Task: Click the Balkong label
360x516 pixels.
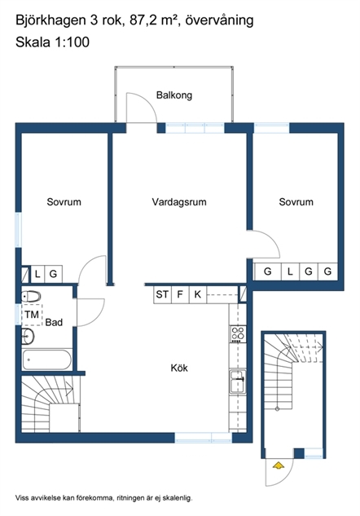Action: click(174, 95)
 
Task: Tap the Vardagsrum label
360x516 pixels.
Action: click(179, 201)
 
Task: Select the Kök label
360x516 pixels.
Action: click(179, 368)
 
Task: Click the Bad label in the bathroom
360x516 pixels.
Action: click(54, 322)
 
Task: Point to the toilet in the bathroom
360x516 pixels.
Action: click(31, 297)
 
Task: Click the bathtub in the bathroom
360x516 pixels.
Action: click(46, 359)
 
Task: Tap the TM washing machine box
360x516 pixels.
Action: click(32, 315)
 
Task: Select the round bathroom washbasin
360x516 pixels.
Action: click(28, 337)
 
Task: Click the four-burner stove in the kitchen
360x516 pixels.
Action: click(238, 333)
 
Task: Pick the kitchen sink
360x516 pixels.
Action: click(238, 381)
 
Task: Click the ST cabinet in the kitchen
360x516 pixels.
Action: click(162, 294)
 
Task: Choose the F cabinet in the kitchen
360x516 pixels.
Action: click(180, 294)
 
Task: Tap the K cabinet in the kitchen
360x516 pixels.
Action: click(198, 294)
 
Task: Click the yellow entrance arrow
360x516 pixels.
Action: click(278, 465)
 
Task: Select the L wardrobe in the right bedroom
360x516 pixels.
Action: click(290, 271)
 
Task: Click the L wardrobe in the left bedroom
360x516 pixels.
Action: click(37, 274)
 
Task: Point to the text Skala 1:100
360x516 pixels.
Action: click(53, 42)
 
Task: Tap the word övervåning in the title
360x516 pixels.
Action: click(219, 20)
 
